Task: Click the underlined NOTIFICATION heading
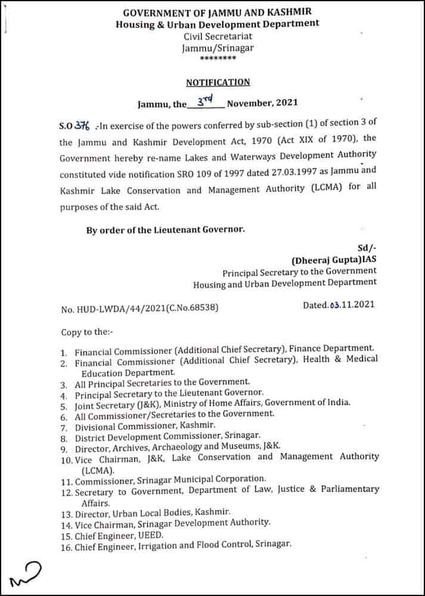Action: (218, 82)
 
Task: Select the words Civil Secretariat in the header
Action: (218, 36)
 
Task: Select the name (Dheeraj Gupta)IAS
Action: (333, 260)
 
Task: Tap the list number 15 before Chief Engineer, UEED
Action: (66, 535)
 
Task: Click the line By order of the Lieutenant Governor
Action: (166, 230)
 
